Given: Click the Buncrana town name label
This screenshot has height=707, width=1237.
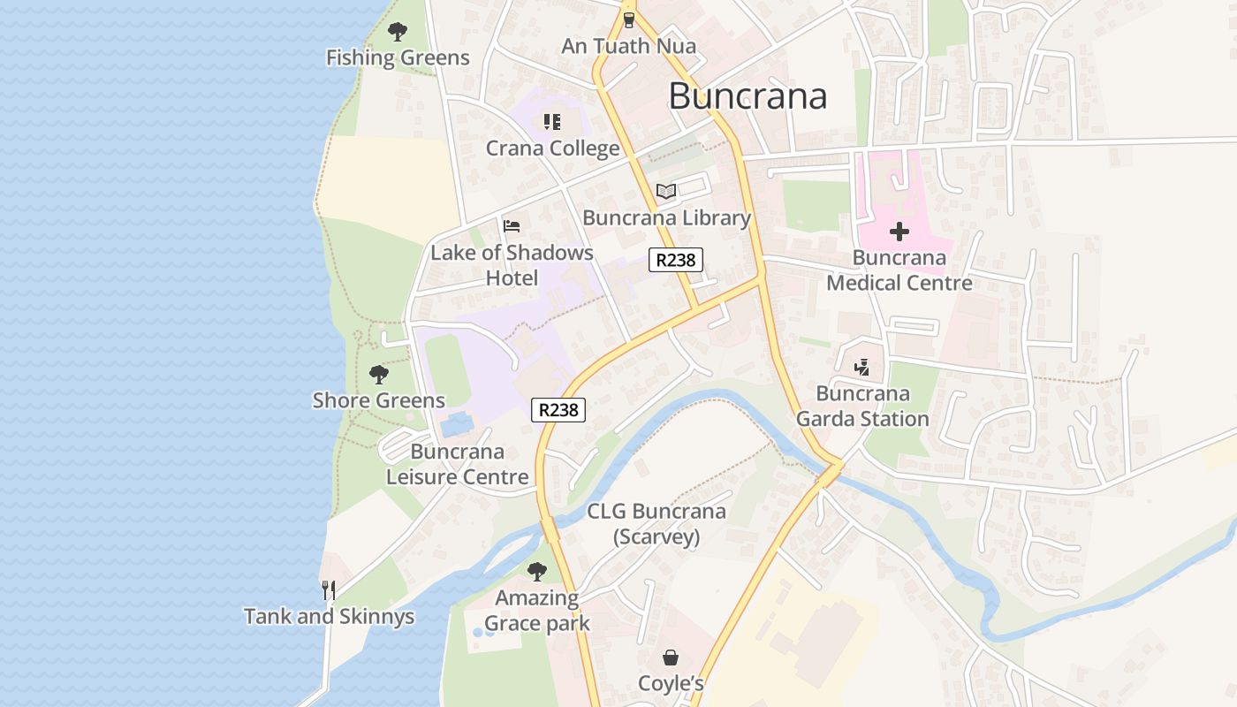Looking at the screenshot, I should pyautogui.click(x=748, y=95).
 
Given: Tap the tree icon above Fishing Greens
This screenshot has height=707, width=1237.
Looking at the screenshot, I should pyautogui.click(x=398, y=32).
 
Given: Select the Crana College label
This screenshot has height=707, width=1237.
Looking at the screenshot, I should pyautogui.click(x=552, y=148).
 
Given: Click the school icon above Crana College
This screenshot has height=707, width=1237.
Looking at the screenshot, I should pyautogui.click(x=552, y=122).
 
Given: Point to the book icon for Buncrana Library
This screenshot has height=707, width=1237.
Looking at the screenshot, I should pyautogui.click(x=666, y=192).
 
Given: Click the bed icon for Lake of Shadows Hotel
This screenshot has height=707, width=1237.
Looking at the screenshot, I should pyautogui.click(x=512, y=226).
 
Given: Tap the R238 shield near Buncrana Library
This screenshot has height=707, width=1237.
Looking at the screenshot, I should pyautogui.click(x=676, y=260).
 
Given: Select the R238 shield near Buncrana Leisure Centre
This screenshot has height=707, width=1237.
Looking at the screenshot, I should pyautogui.click(x=558, y=410).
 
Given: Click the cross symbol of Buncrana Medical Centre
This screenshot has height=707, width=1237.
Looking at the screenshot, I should pyautogui.click(x=899, y=232).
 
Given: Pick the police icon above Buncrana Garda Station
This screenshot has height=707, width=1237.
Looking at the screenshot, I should pyautogui.click(x=862, y=367).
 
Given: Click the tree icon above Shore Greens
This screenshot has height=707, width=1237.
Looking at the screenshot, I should pyautogui.click(x=379, y=375).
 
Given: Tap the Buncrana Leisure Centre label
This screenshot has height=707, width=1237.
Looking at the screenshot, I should pyautogui.click(x=458, y=464).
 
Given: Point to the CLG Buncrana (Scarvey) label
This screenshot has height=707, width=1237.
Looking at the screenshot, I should pyautogui.click(x=656, y=523).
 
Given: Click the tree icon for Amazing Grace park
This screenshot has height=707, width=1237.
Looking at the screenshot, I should pyautogui.click(x=536, y=572).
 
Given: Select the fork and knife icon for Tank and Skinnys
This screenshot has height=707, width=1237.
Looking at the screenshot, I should pyautogui.click(x=329, y=589).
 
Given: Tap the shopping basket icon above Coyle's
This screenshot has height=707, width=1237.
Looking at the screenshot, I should pyautogui.click(x=671, y=658).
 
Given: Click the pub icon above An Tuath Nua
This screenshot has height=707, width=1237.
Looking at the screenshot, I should pyautogui.click(x=628, y=19).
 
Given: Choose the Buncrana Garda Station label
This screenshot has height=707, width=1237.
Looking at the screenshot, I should pyautogui.click(x=862, y=406).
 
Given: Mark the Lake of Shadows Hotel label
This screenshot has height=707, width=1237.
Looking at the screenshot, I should pyautogui.click(x=512, y=265).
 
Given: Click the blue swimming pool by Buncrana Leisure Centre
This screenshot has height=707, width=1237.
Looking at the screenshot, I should pyautogui.click(x=456, y=425).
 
